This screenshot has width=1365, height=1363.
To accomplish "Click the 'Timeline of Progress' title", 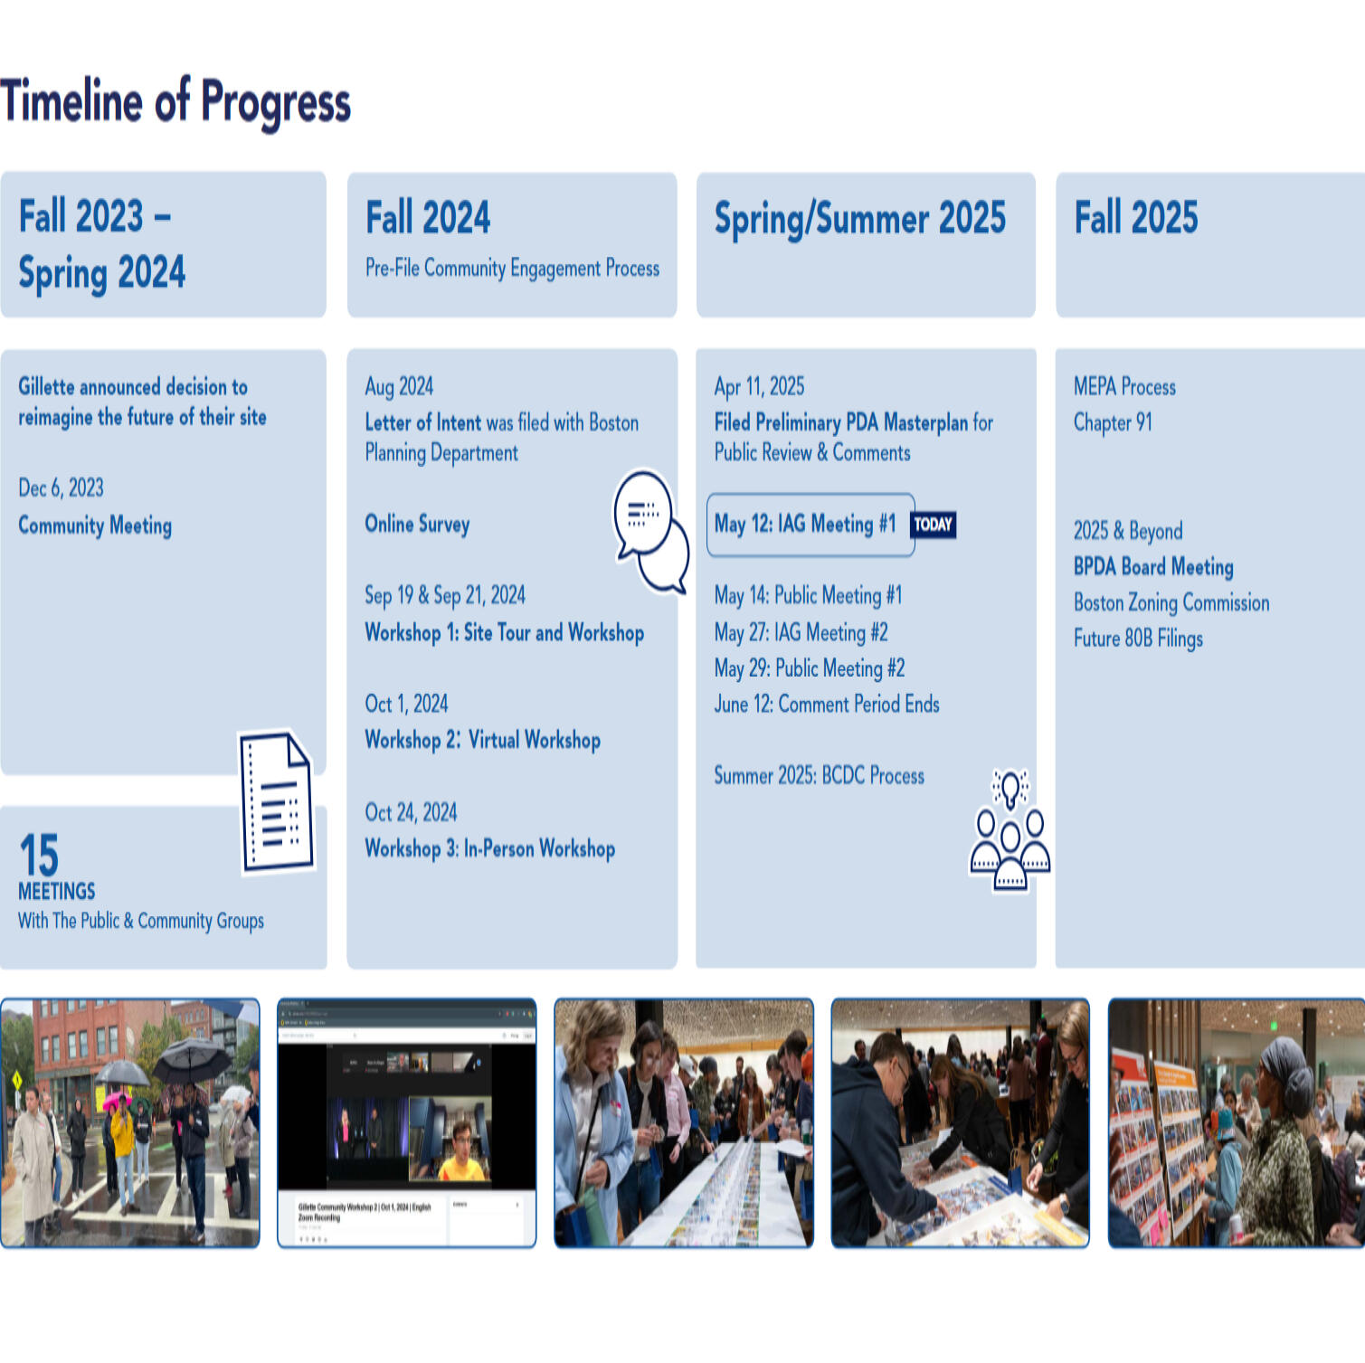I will [175, 101].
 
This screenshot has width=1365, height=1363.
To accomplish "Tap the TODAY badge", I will [933, 525].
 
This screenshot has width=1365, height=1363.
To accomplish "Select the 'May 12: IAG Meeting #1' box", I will [809, 525].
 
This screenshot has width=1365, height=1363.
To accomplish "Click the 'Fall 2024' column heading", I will [428, 218].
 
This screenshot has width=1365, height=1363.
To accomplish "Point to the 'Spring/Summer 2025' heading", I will [859, 219].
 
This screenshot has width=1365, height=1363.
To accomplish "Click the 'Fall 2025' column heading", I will [1135, 218].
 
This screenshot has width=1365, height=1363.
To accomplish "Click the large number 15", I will [39, 855].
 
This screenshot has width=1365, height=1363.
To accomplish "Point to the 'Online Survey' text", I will [417, 525].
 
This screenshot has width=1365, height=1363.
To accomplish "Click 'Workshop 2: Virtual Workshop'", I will [482, 740].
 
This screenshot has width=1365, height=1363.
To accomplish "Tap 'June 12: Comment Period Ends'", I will [826, 705].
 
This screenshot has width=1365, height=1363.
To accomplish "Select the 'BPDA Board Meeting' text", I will [1152, 567].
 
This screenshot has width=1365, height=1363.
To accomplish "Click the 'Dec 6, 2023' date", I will [61, 488].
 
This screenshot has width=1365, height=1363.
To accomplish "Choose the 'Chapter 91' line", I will [1113, 422].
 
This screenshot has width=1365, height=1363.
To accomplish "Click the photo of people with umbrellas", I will [130, 1122].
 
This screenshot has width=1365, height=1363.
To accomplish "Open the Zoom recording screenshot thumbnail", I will [406, 1122].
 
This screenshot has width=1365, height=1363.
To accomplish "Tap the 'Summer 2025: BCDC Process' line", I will [819, 776].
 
